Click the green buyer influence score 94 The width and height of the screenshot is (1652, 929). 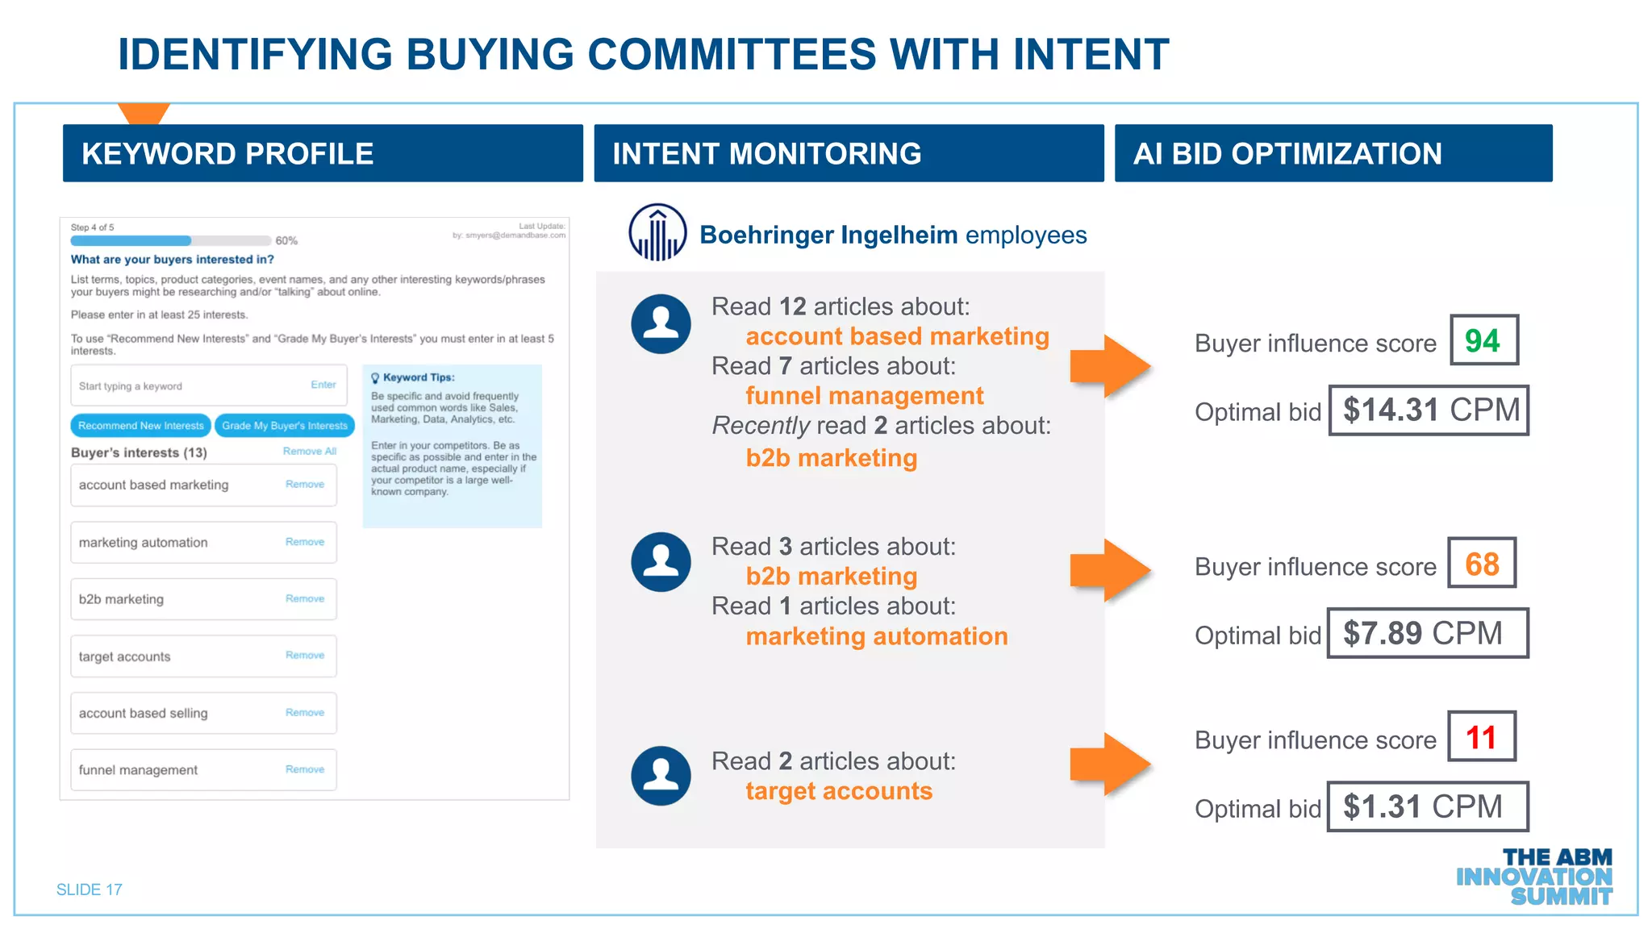(1483, 340)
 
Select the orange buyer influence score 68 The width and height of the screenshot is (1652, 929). (1482, 564)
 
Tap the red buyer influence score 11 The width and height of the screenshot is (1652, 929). (1481, 737)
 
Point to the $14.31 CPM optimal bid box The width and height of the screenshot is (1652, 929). (1429, 410)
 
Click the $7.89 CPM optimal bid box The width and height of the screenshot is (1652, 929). (1427, 634)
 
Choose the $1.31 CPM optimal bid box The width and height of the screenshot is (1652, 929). (1427, 807)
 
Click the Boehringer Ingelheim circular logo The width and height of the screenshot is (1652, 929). (657, 233)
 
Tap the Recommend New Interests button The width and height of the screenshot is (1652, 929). (141, 426)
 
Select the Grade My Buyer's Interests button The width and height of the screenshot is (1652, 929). (285, 426)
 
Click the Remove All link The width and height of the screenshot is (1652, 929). (309, 452)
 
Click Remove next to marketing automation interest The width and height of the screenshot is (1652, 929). (305, 542)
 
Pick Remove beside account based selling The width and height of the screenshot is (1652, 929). (305, 713)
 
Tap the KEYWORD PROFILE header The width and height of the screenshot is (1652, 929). (323, 153)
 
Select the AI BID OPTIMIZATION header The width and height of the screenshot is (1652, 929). (1333, 153)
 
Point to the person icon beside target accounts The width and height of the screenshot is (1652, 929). (661, 776)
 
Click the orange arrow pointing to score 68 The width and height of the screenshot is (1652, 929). (1109, 570)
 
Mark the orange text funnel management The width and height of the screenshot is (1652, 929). (864, 396)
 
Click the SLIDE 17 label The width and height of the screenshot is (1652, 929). (90, 889)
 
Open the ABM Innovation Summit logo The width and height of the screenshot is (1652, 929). (1534, 877)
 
